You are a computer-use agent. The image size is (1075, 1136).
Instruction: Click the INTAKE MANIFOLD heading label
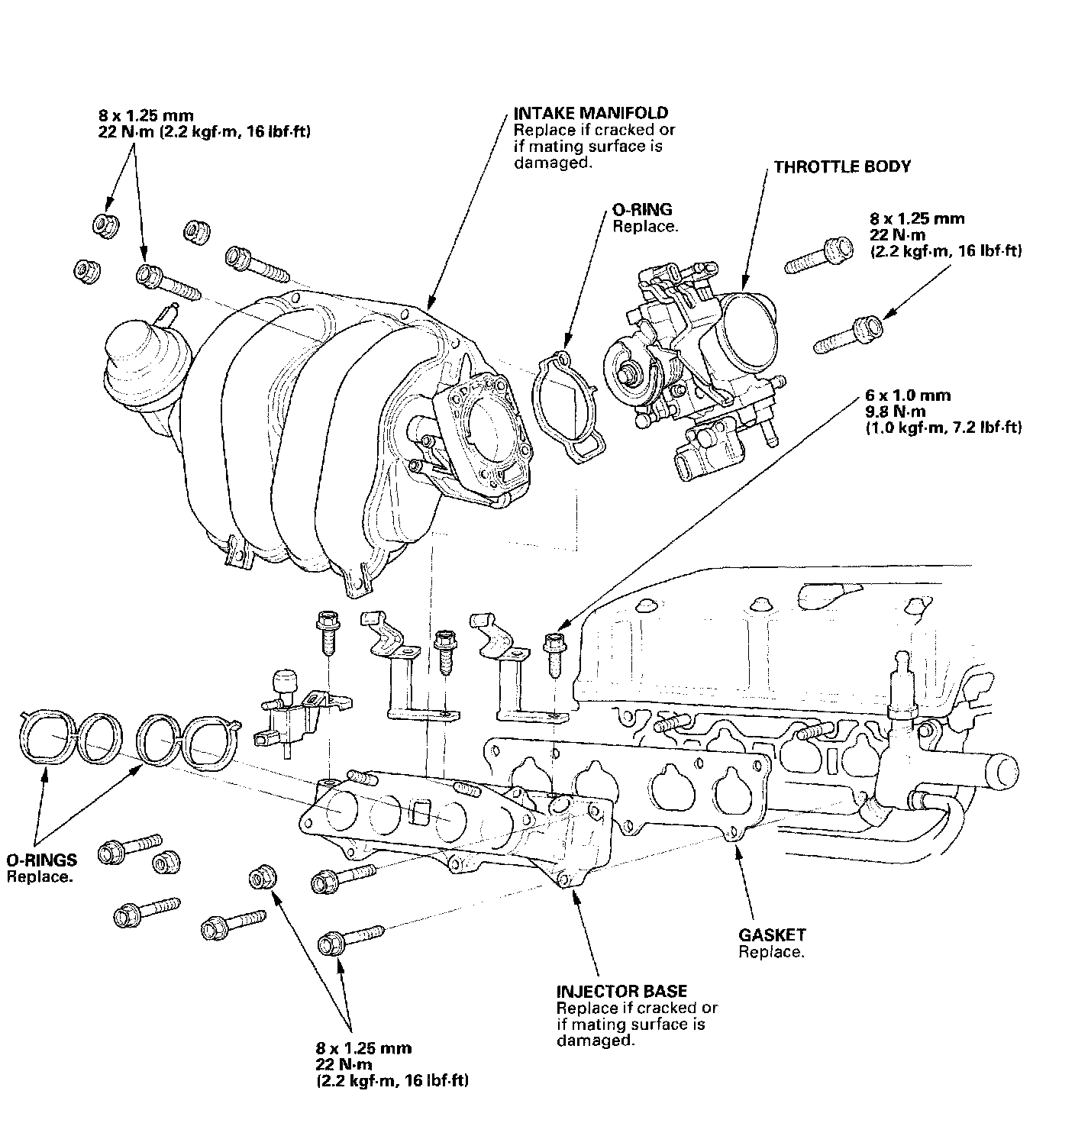coord(591,113)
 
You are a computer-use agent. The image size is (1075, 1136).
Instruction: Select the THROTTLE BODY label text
coord(842,167)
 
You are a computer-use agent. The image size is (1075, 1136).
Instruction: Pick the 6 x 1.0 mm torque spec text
coord(908,395)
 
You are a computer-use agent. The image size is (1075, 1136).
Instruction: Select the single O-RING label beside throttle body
coord(642,209)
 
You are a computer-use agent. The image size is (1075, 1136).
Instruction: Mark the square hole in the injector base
coord(421,811)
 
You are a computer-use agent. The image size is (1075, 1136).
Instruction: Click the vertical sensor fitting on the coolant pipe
coord(902,690)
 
